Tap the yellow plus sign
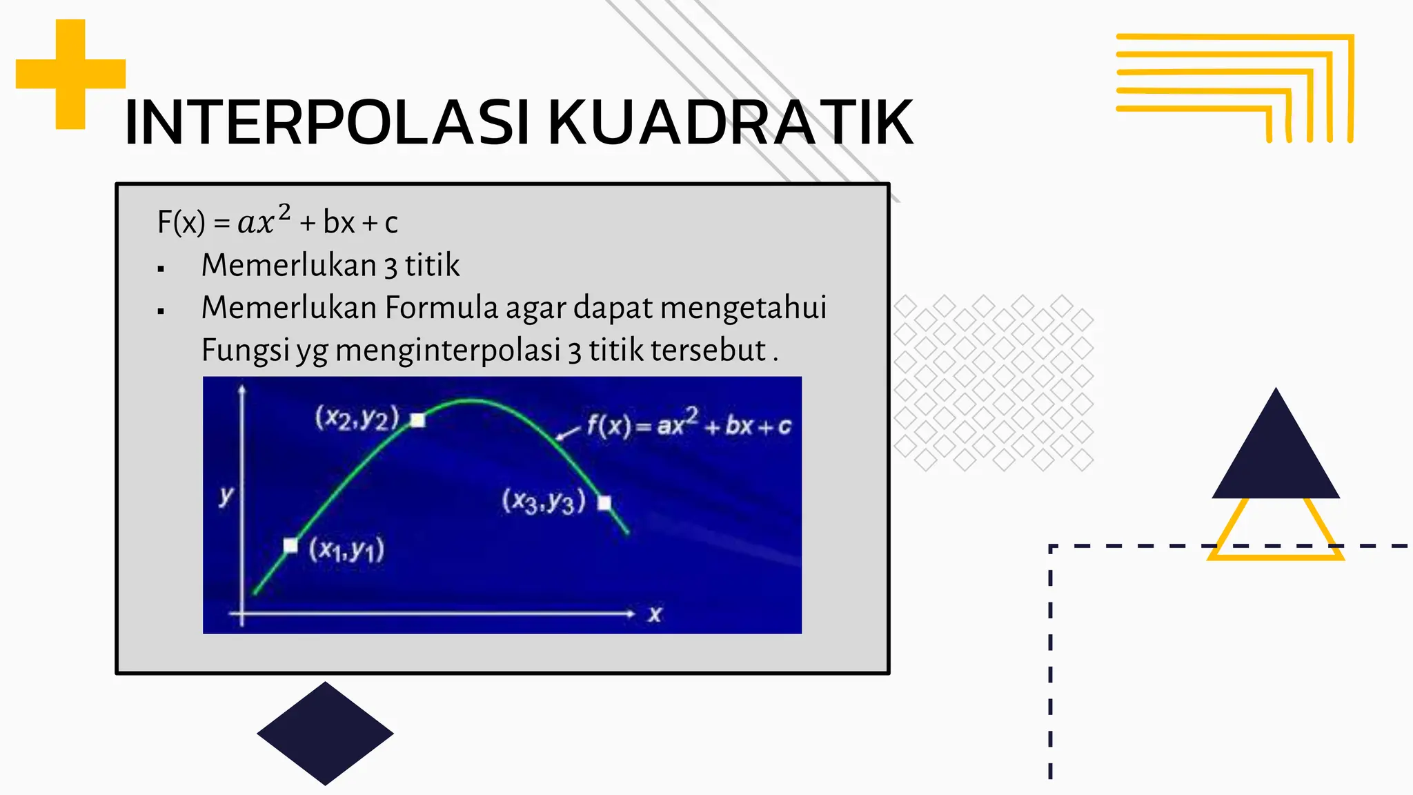pos(70,74)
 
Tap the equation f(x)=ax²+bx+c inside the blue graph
pos(689,424)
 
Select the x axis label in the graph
pos(654,614)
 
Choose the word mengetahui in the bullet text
pos(743,308)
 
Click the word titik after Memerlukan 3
pos(432,266)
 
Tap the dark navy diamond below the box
pos(325,733)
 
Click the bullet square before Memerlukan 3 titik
pos(161,268)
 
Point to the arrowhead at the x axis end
pos(630,613)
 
